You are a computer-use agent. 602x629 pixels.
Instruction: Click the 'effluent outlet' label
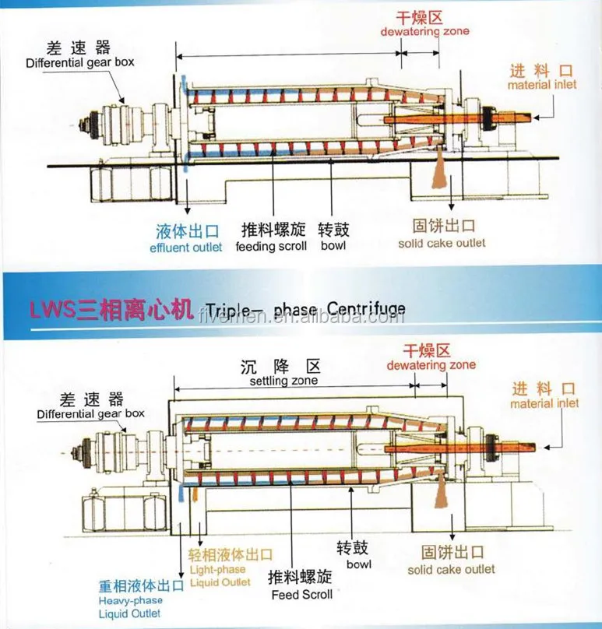pyautogui.click(x=186, y=248)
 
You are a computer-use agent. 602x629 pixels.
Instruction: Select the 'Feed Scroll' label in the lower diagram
pyautogui.click(x=301, y=595)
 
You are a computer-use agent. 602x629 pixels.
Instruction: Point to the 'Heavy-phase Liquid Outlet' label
pyautogui.click(x=130, y=606)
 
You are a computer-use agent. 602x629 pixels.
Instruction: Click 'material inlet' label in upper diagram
pyautogui.click(x=542, y=85)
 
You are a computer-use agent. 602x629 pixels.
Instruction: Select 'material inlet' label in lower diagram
pyautogui.click(x=544, y=403)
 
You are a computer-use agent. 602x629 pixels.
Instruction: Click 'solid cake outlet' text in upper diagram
pyautogui.click(x=442, y=243)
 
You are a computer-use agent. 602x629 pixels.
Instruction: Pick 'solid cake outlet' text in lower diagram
pyautogui.click(x=451, y=569)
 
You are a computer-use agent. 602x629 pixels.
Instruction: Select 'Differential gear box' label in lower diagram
pyautogui.click(x=91, y=414)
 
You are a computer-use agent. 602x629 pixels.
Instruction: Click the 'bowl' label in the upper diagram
pyautogui.click(x=333, y=246)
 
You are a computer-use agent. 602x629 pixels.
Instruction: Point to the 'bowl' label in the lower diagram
pyautogui.click(x=359, y=564)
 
